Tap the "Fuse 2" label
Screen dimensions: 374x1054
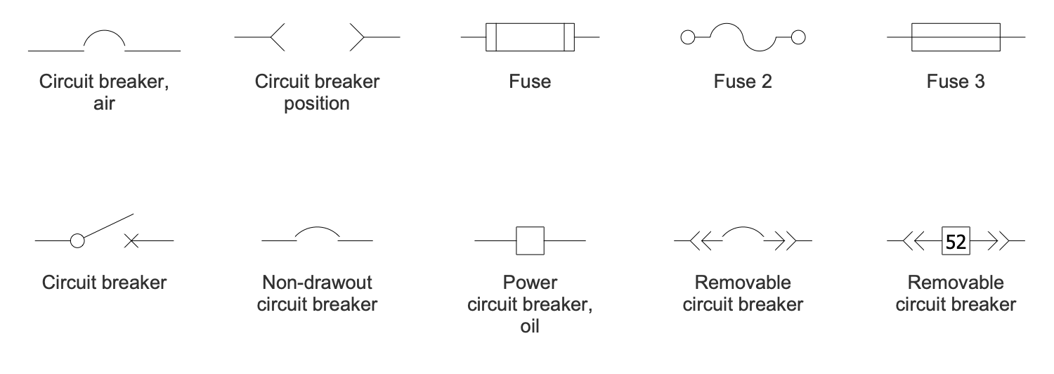click(742, 82)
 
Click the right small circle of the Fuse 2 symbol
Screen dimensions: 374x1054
click(798, 37)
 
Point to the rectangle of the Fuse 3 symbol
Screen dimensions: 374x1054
click(956, 37)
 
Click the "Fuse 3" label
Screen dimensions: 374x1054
click(955, 82)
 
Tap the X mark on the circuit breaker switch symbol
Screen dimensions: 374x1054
click(131, 241)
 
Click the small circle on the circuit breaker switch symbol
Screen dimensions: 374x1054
click(77, 241)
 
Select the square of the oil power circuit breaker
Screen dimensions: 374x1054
click(531, 240)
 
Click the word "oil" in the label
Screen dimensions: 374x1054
click(531, 327)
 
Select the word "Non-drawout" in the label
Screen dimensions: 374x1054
click(317, 283)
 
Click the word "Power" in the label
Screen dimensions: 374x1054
click(531, 283)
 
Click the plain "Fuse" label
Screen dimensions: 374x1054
click(531, 82)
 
